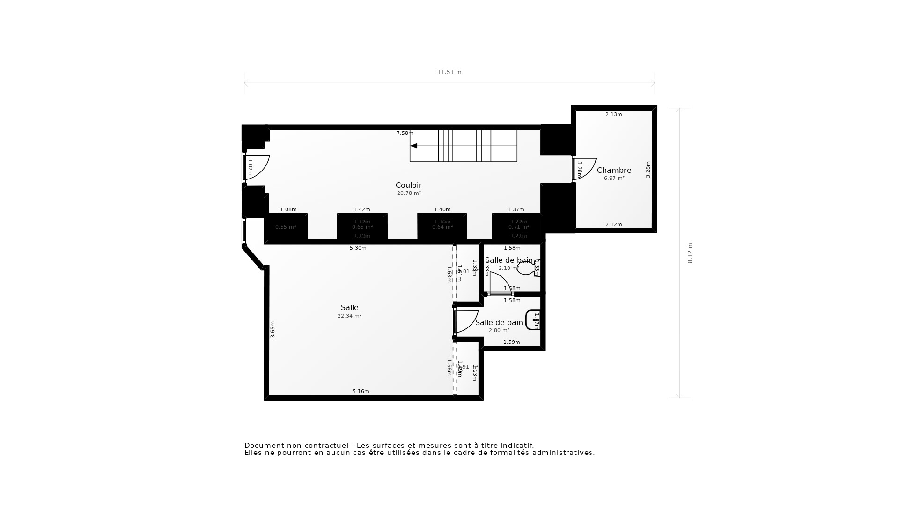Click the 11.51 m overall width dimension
[x=449, y=72]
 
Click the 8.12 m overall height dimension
[x=690, y=253]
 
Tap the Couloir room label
[x=408, y=185]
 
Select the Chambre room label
[x=614, y=170]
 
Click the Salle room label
[x=349, y=307]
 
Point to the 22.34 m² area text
[x=349, y=316]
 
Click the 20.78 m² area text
[x=409, y=193]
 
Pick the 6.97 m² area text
[x=614, y=179]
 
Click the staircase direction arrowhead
[x=413, y=146]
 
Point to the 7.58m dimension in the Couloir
[x=405, y=134]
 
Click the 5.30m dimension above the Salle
[x=358, y=248]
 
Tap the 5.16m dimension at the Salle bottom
[x=361, y=392]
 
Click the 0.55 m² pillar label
[x=285, y=227]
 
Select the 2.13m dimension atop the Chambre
[x=613, y=115]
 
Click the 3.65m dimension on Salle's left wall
[x=273, y=329]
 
